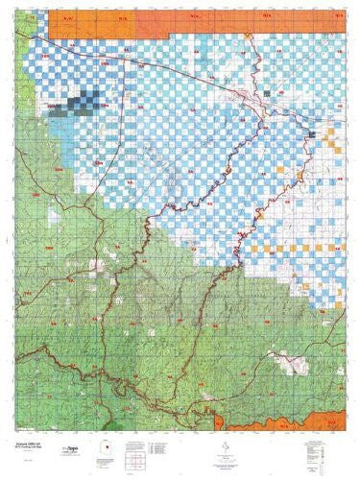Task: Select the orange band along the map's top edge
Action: (192, 18)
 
